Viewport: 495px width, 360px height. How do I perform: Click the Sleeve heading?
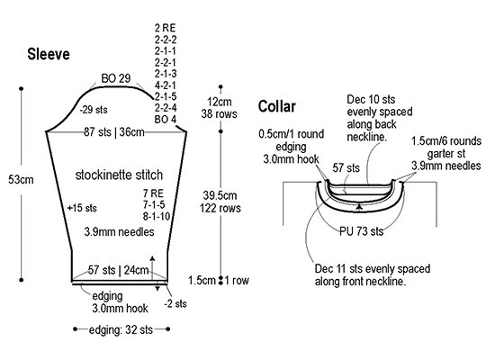pyautogui.click(x=49, y=54)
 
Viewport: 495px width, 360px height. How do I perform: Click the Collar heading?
pyautogui.click(x=277, y=106)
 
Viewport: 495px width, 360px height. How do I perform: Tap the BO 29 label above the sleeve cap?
pyautogui.click(x=116, y=78)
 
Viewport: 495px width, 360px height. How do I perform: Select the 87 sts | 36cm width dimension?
pyautogui.click(x=114, y=132)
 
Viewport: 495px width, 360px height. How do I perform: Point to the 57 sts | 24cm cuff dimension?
pyautogui.click(x=119, y=270)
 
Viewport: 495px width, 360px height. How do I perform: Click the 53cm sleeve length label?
pyautogui.click(x=21, y=180)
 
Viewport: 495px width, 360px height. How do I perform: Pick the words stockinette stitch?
pyautogui.click(x=119, y=175)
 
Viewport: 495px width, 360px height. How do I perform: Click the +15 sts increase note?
pyautogui.click(x=82, y=208)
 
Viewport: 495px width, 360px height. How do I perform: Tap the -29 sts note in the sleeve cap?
pyautogui.click(x=94, y=110)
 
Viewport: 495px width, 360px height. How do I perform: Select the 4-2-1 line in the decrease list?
pyautogui.click(x=165, y=85)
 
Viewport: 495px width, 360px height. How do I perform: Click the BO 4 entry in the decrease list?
pyautogui.click(x=165, y=120)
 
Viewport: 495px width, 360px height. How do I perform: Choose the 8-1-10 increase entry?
pyautogui.click(x=157, y=216)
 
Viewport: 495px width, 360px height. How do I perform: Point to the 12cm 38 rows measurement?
pyautogui.click(x=219, y=108)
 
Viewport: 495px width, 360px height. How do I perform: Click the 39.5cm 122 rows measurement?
pyautogui.click(x=220, y=202)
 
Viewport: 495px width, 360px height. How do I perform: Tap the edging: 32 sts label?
pyautogui.click(x=121, y=329)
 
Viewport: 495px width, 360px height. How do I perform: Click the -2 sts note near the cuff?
pyautogui.click(x=175, y=304)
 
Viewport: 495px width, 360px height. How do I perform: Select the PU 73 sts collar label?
pyautogui.click(x=362, y=231)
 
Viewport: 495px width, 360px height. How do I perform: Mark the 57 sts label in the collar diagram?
pyautogui.click(x=346, y=167)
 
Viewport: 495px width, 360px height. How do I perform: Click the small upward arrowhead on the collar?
pyautogui.click(x=359, y=207)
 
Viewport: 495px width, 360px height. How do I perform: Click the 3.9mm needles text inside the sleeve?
pyautogui.click(x=119, y=232)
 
